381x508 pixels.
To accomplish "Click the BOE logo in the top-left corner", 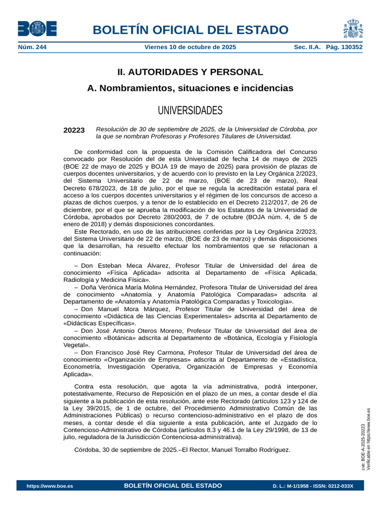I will (x=37, y=29).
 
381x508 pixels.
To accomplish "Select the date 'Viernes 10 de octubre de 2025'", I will (x=190, y=47).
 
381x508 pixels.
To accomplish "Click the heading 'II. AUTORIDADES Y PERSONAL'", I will (x=190, y=72).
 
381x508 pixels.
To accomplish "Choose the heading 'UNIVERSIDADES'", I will (x=190, y=110).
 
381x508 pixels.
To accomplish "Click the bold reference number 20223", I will (x=74, y=130).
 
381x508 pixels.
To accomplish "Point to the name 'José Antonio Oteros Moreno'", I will (x=142, y=330).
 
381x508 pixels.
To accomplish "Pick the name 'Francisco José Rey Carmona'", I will (x=142, y=352).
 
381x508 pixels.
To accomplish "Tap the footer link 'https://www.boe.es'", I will (x=50, y=486).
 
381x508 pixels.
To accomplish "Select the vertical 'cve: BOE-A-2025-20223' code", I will (x=363, y=446).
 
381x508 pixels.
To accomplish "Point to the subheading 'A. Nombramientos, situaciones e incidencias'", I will (x=190, y=88).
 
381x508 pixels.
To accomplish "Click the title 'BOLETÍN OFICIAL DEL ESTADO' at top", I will (x=190, y=29).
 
